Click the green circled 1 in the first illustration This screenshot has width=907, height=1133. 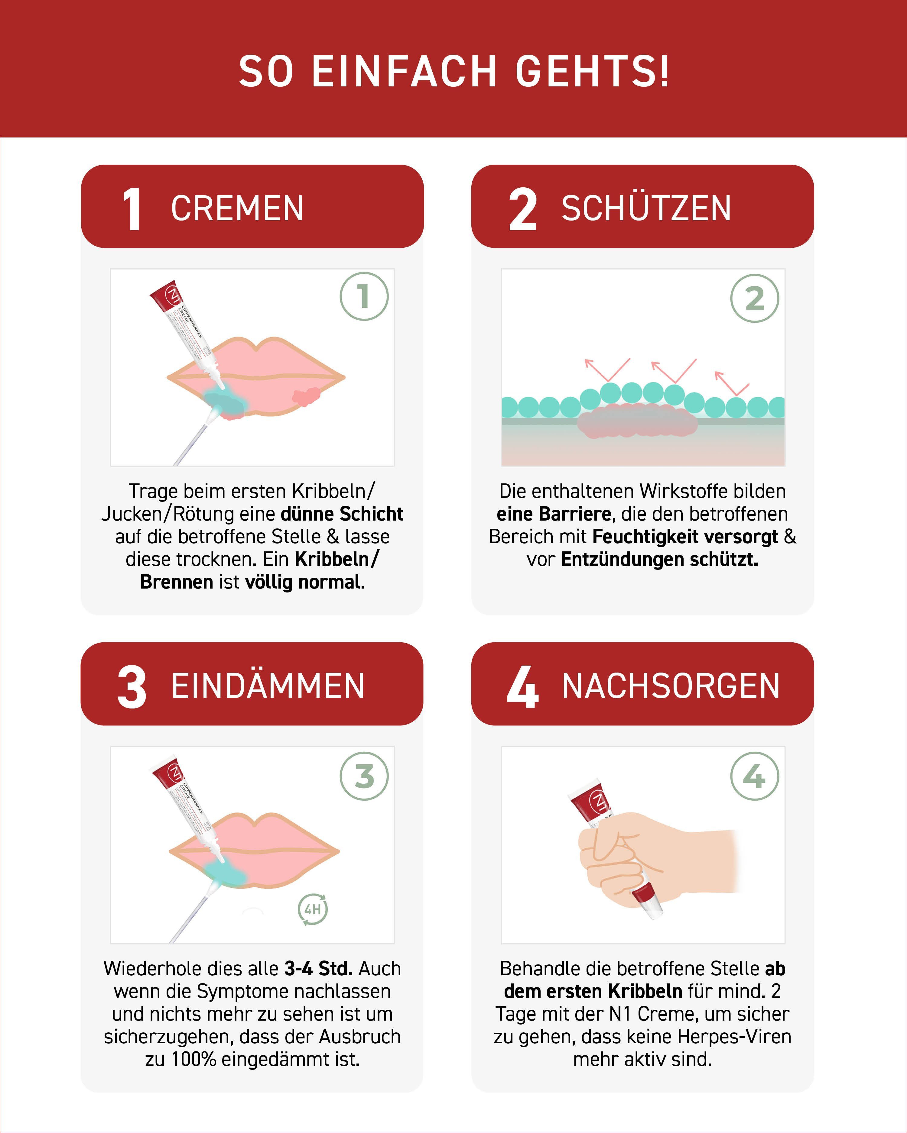364,296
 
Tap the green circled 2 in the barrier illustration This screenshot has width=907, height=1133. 755,299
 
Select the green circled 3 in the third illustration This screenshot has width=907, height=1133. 364,776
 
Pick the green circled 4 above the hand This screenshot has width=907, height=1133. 755,776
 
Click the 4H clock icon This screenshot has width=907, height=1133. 313,909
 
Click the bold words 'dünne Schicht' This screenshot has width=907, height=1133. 342,514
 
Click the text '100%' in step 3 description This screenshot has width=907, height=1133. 193,1059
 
